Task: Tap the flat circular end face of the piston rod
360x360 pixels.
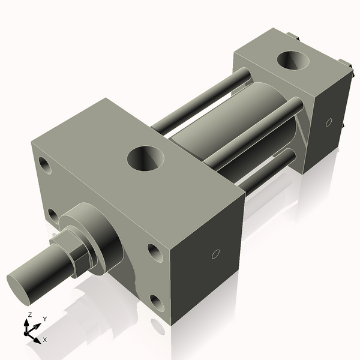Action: point(23,284)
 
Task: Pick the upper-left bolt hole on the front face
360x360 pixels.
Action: point(44,163)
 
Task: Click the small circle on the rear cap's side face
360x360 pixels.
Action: point(328,122)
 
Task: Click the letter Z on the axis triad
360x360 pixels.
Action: point(30,315)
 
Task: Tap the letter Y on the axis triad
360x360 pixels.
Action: point(44,319)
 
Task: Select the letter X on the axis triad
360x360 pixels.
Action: point(45,340)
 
